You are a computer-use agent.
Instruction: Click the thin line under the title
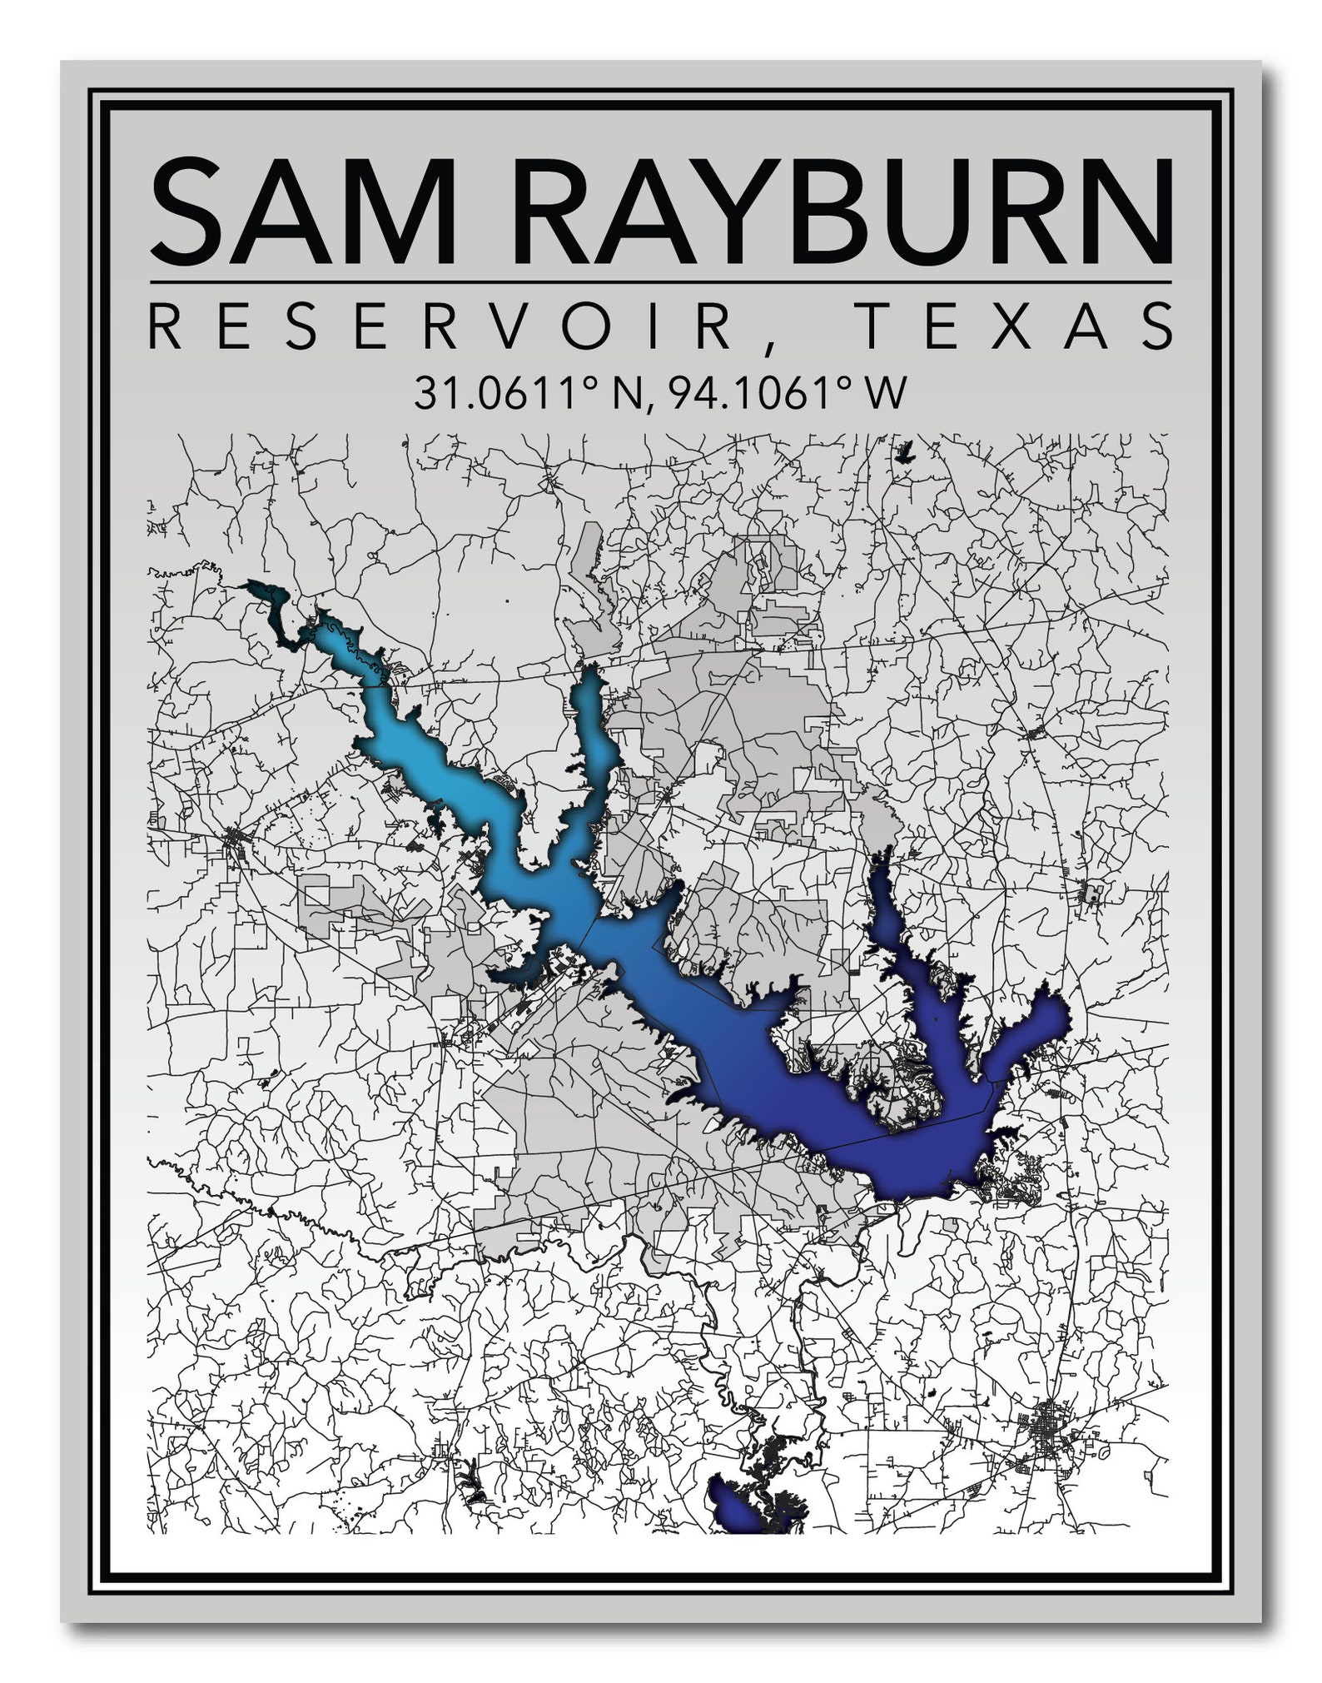(660, 282)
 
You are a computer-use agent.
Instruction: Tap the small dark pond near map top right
(903, 455)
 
